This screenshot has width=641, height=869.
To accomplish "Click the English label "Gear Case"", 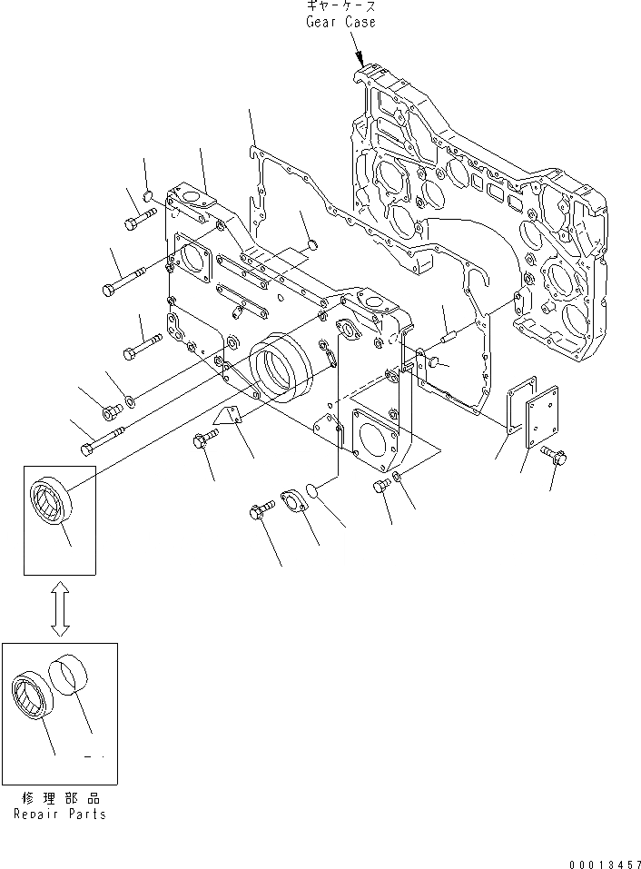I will pyautogui.click(x=340, y=22).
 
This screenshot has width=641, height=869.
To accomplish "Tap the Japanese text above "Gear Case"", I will pyautogui.click(x=340, y=7).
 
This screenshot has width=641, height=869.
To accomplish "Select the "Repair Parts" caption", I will pyautogui.click(x=59, y=815).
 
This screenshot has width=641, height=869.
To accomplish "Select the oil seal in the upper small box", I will pyautogui.click(x=51, y=499).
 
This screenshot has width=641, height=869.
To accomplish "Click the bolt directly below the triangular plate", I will pyautogui.click(x=203, y=441).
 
